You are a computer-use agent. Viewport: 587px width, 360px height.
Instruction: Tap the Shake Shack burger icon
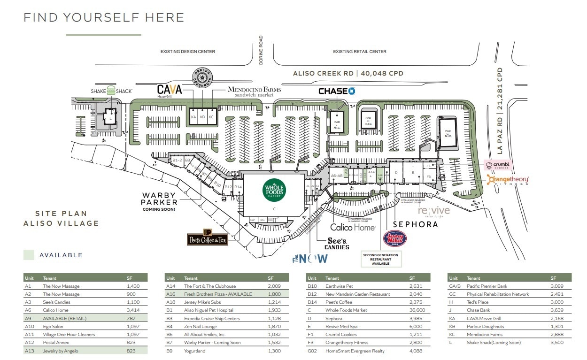[111, 91]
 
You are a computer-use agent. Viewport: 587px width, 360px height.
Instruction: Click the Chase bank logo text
[336, 91]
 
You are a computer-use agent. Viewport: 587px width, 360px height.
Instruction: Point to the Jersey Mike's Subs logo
[395, 238]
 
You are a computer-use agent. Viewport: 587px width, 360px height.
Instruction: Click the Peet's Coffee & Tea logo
[208, 237]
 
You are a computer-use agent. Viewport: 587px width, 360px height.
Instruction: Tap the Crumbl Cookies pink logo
[497, 165]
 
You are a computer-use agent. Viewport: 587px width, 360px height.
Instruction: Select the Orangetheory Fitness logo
[509, 180]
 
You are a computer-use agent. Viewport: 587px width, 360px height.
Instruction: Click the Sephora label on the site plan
[416, 224]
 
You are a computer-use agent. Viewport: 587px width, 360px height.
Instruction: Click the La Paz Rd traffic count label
[501, 110]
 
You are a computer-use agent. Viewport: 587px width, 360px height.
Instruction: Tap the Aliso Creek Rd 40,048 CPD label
[348, 73]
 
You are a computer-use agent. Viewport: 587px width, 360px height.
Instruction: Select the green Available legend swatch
[29, 255]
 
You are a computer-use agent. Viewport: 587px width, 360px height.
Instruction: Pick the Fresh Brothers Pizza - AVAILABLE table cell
[218, 294]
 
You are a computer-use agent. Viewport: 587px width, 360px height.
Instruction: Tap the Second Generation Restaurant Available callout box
[381, 259]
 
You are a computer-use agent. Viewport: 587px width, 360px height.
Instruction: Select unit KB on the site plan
[203, 117]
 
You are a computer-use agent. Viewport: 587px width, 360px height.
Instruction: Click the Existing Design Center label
[188, 52]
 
